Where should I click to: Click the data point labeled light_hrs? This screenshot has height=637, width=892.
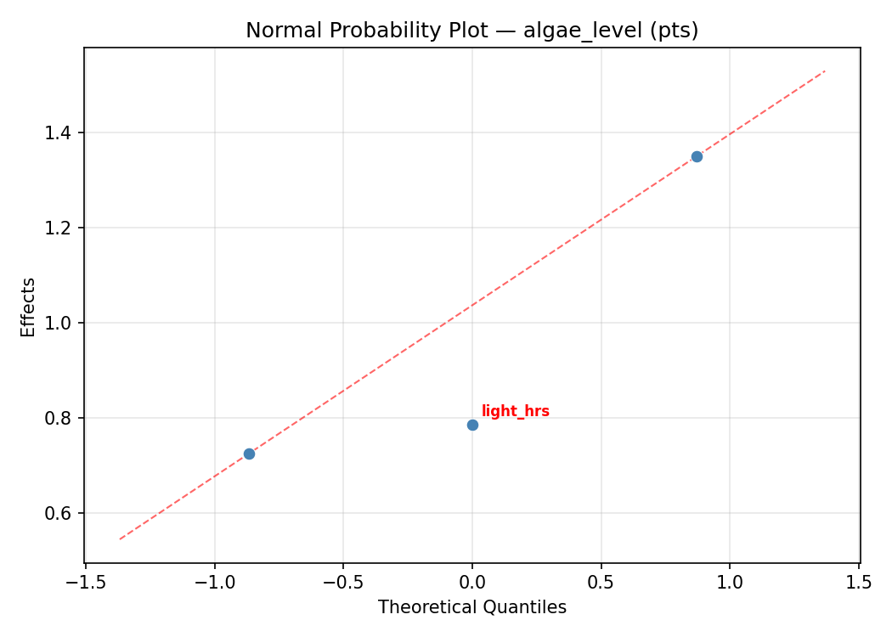472,425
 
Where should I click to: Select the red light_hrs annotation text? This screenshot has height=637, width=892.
515,412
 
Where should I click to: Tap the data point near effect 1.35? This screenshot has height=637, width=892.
697,156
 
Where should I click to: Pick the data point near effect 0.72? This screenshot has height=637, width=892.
249,454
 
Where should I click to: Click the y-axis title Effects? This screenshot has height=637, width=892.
29,307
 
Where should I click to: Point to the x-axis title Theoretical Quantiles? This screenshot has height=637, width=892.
472,607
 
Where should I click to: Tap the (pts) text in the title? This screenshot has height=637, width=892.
672,31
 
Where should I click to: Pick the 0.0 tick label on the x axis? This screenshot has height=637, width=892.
472,583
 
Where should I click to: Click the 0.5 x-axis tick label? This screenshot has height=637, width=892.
601,583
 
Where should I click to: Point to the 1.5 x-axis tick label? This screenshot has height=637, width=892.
859,583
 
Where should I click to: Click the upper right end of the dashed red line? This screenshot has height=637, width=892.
824,71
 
